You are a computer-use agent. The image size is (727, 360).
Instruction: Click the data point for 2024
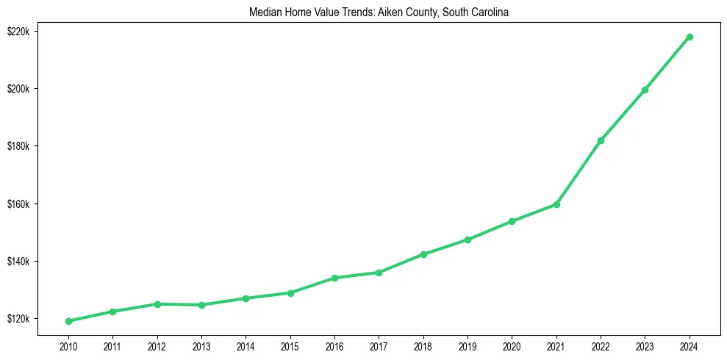tap(690, 37)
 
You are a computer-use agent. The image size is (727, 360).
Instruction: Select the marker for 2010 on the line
tap(68, 321)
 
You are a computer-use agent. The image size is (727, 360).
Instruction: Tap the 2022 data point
tap(601, 140)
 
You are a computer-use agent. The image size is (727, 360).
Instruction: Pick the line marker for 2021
tap(556, 204)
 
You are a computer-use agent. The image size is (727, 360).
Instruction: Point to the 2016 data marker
tap(334, 278)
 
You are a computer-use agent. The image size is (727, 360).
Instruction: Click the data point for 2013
tap(201, 305)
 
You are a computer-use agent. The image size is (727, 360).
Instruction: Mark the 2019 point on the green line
tap(468, 240)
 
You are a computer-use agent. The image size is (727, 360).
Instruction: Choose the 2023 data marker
tap(645, 90)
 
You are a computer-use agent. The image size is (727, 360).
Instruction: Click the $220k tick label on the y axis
tap(18, 31)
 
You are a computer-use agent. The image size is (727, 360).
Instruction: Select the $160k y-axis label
tap(18, 204)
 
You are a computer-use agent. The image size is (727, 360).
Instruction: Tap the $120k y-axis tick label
tap(18, 319)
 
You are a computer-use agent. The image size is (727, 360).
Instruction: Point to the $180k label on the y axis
tap(18, 146)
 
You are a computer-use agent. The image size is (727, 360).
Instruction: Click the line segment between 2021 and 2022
tap(579, 173)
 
